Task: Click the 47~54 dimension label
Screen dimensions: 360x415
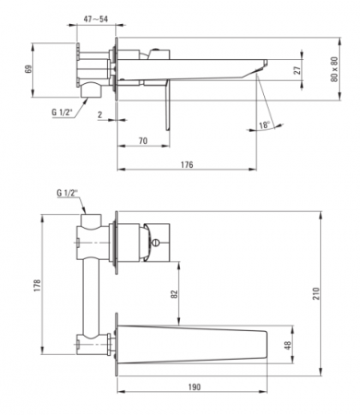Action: coord(96,19)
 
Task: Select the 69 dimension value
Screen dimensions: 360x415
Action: coord(29,69)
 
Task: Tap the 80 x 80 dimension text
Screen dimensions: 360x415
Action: coord(334,69)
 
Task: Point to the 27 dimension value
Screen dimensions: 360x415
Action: coord(297,70)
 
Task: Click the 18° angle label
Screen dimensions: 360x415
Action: coord(264,125)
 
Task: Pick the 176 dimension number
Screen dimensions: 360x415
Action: coord(186,165)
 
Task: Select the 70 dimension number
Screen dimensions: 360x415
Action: coord(143,141)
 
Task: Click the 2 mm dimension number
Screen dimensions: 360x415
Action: coord(100,115)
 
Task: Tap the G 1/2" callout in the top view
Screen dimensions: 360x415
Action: coord(63,113)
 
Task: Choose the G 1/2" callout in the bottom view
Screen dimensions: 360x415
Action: coord(67,193)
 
